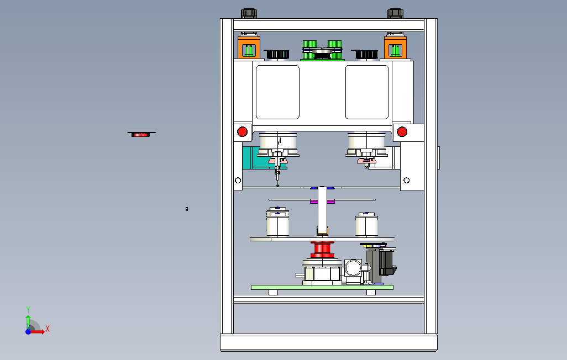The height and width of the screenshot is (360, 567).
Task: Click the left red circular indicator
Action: point(242,131)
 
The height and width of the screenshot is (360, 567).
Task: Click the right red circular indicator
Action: point(402,131)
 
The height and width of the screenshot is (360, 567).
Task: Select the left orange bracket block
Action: point(249,47)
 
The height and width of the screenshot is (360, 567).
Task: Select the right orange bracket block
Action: point(396,47)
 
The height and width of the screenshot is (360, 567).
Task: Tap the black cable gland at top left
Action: point(249,13)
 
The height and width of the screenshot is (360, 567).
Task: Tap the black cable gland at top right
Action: point(395,13)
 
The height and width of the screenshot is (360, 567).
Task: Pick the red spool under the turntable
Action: point(322,250)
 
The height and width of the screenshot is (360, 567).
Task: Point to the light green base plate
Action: point(322,287)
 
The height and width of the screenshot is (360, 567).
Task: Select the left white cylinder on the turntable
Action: point(277,224)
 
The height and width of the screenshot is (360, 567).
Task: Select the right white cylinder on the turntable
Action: point(366,225)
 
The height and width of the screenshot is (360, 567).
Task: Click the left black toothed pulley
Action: point(277,54)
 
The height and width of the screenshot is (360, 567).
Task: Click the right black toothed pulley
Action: point(365,54)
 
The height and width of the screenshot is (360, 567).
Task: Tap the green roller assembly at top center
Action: point(322,50)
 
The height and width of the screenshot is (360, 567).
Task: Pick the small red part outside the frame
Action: point(141,134)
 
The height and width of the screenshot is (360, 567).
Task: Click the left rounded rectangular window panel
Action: point(277,92)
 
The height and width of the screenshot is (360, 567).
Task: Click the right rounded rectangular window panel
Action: point(367,92)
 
